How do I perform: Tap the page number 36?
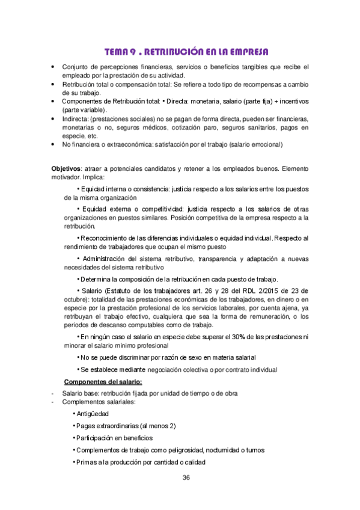click(x=186, y=478)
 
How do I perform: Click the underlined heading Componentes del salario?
click(x=103, y=382)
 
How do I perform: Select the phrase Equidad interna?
click(x=107, y=189)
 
